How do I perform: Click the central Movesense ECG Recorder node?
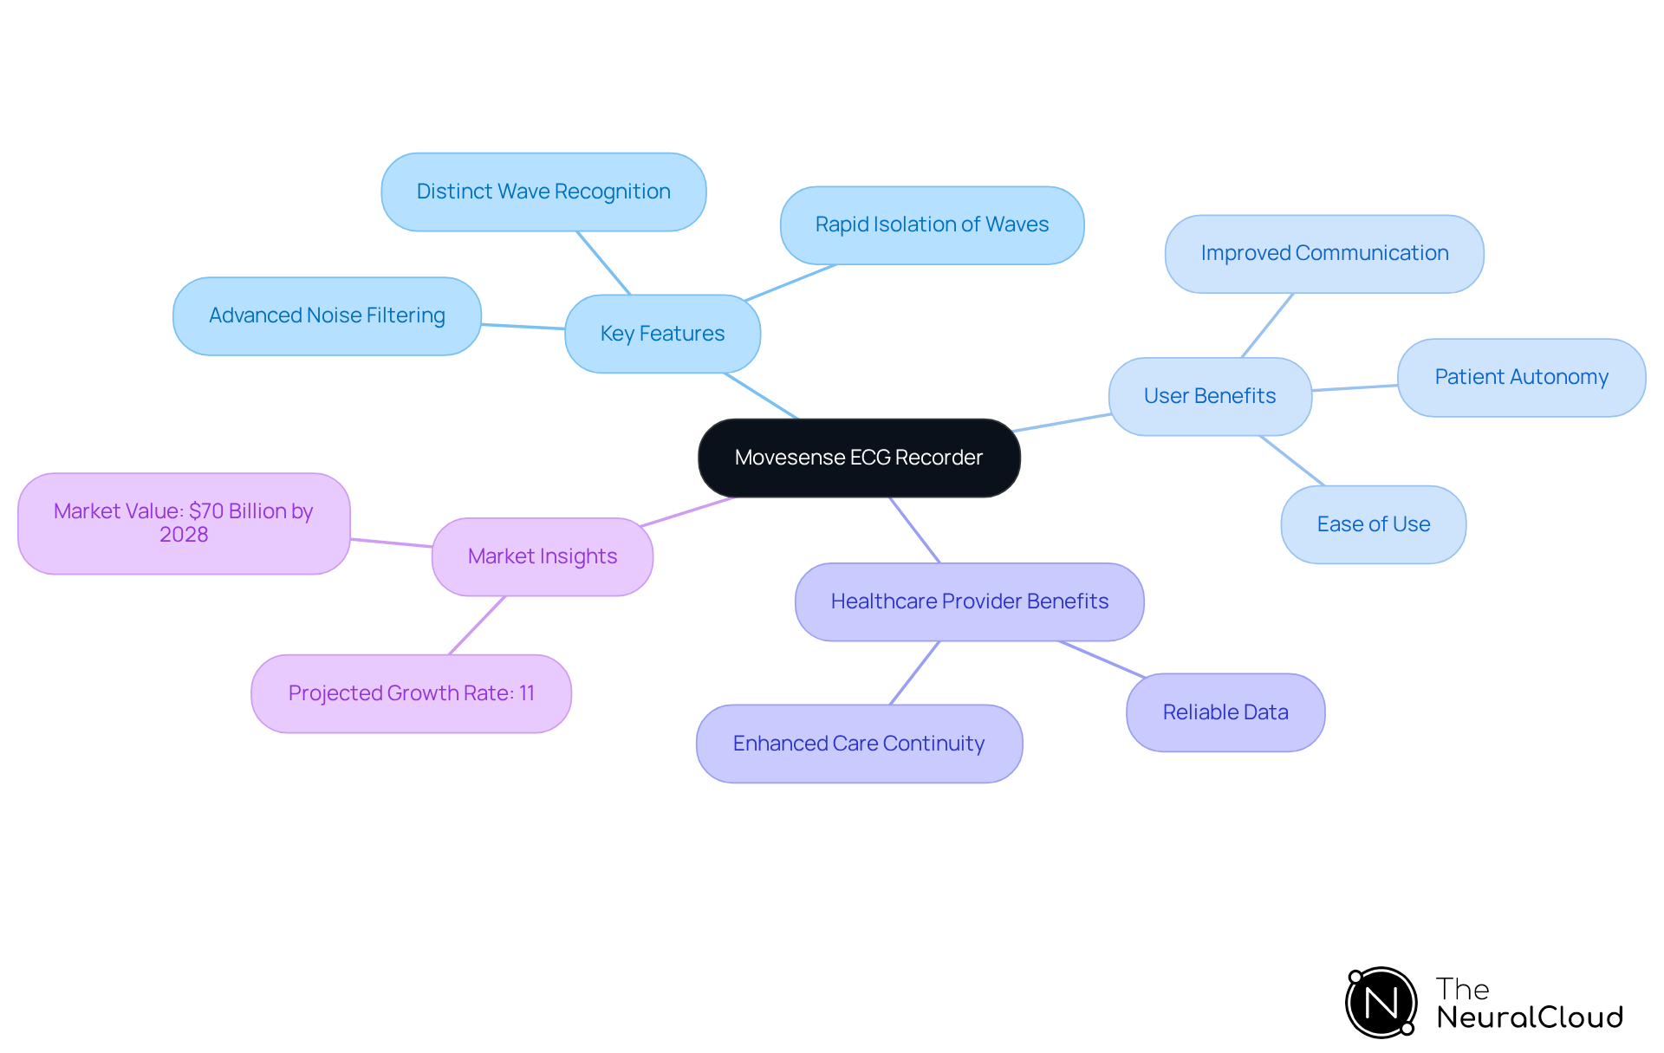[x=859, y=458]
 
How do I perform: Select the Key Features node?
[x=662, y=334]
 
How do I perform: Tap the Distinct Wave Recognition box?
[x=543, y=192]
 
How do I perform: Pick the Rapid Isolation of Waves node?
[x=932, y=224]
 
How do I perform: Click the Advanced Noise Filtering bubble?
[x=327, y=315]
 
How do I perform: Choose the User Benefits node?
[x=1210, y=396]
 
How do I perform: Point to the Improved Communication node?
[x=1324, y=253]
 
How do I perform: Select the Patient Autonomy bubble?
[x=1521, y=377]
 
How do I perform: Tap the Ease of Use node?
[x=1373, y=524]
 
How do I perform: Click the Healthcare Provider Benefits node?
[x=969, y=601]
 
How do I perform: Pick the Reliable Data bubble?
[x=1225, y=712]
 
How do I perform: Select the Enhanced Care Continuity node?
[x=859, y=744]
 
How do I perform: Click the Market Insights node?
[x=543, y=556]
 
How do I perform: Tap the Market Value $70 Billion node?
[x=184, y=523]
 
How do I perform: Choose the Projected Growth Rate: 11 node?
[x=411, y=693]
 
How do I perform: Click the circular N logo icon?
[x=1381, y=1003]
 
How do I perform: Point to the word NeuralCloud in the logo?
[x=1530, y=1017]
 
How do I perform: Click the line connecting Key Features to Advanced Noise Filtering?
[x=523, y=327]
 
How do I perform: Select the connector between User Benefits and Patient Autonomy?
[x=1355, y=387]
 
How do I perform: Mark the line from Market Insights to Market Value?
[x=391, y=543]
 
